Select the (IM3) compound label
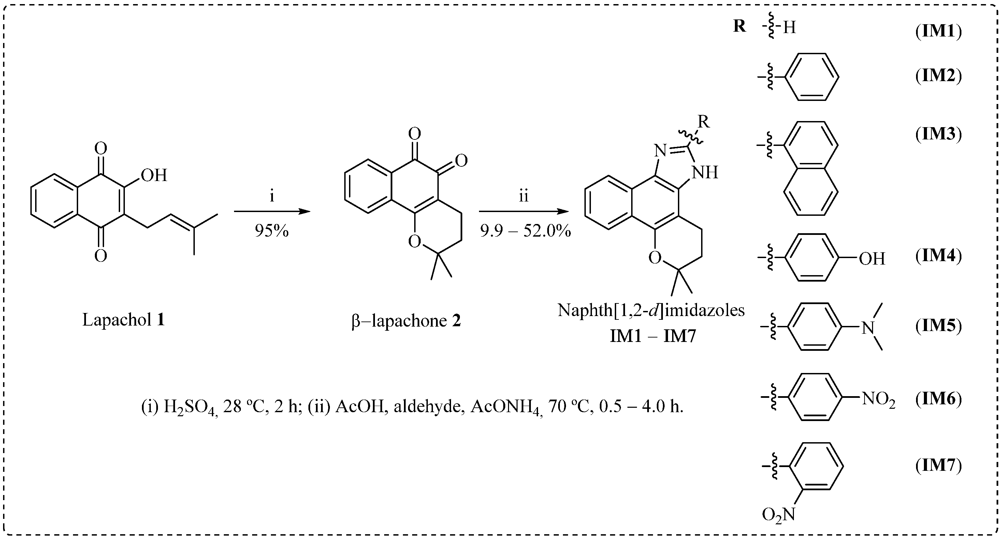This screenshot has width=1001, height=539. click(939, 134)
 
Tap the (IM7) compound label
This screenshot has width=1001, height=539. click(939, 465)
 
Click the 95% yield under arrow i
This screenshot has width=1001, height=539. click(272, 231)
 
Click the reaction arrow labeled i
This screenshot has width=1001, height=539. click(272, 211)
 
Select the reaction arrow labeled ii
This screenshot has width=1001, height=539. click(523, 211)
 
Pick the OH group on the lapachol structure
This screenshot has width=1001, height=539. click(154, 176)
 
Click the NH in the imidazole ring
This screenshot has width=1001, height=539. click(705, 172)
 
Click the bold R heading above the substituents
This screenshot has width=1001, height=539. click(739, 26)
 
